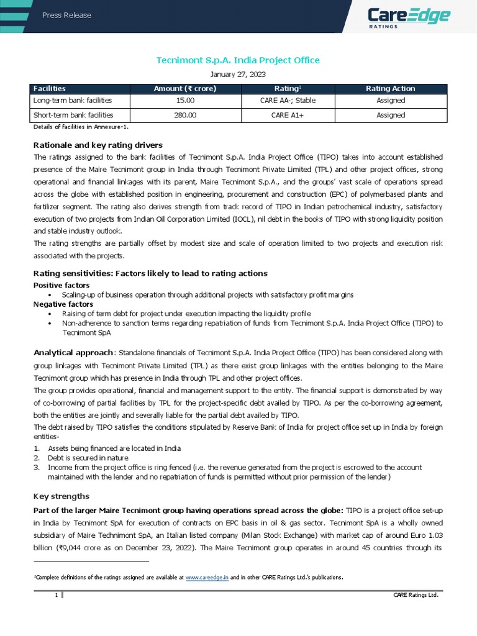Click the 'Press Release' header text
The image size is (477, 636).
tap(66, 16)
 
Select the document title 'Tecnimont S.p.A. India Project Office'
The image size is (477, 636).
tap(238, 60)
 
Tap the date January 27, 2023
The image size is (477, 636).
tap(238, 75)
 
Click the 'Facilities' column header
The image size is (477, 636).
tap(50, 89)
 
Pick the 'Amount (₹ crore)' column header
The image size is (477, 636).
tap(185, 89)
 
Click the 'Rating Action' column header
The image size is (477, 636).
tap(391, 89)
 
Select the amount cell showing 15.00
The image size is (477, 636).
tap(185, 101)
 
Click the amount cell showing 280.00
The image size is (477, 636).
tap(185, 115)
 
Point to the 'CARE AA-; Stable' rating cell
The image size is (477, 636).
tap(289, 101)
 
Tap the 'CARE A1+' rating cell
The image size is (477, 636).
tap(289, 115)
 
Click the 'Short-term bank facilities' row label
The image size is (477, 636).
tap(73, 115)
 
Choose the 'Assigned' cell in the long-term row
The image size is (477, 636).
tap(391, 101)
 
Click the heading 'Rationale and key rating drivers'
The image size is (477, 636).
tap(98, 145)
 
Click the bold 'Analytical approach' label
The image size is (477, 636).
tap(73, 352)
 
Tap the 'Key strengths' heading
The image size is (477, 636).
tap(61, 496)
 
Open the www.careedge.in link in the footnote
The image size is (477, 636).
tap(207, 577)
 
